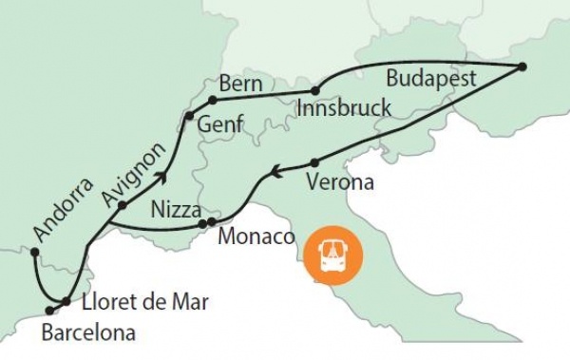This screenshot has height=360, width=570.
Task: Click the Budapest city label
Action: click(432, 78)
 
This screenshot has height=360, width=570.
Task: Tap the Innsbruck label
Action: click(343, 108)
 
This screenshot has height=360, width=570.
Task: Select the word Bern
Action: click(239, 84)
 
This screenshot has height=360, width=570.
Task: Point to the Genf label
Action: click(220, 123)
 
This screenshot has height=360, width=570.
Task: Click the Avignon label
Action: click(134, 174)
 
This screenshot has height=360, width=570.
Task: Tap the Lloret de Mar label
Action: click(143, 303)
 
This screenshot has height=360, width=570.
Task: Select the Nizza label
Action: click(174, 208)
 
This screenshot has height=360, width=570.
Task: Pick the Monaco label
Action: click(257, 236)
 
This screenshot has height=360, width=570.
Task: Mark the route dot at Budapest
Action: click(522, 66)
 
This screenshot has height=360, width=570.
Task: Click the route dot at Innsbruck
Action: click(315, 92)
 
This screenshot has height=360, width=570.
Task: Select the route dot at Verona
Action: click(314, 161)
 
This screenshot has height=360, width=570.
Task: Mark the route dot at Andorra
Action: click(34, 252)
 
